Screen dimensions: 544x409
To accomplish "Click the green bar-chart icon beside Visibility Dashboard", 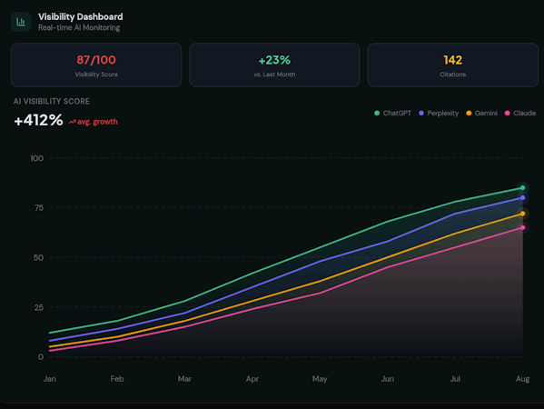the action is [x=21, y=22].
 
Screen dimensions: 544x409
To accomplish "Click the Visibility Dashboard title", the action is [x=81, y=16].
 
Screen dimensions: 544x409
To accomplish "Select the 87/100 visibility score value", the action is [x=96, y=60].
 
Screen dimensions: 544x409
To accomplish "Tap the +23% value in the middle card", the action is [x=274, y=60].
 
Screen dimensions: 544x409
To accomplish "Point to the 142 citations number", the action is [x=453, y=60].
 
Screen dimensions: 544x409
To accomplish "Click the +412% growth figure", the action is [x=38, y=120].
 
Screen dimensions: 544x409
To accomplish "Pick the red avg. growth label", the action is [x=94, y=122].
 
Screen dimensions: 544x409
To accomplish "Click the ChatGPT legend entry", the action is [x=392, y=114].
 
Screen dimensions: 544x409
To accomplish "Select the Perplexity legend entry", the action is [x=439, y=114].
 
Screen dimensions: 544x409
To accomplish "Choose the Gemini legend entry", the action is [x=481, y=114].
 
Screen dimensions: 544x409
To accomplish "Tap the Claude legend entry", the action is [x=520, y=114].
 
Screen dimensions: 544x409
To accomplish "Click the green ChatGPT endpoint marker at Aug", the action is [x=522, y=188].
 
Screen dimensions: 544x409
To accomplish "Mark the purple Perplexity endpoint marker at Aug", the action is [x=522, y=198].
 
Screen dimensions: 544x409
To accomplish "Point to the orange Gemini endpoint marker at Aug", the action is [x=522, y=214].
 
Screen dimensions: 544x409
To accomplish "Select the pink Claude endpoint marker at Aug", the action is [x=522, y=228].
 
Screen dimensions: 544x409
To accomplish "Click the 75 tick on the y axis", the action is [x=39, y=207].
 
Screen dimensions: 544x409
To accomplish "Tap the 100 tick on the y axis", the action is [x=36, y=158].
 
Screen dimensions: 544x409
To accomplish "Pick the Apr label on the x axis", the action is [x=252, y=379].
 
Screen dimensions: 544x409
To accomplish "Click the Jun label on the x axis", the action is [x=387, y=379].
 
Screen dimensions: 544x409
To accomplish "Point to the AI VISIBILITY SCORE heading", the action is [x=52, y=102].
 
